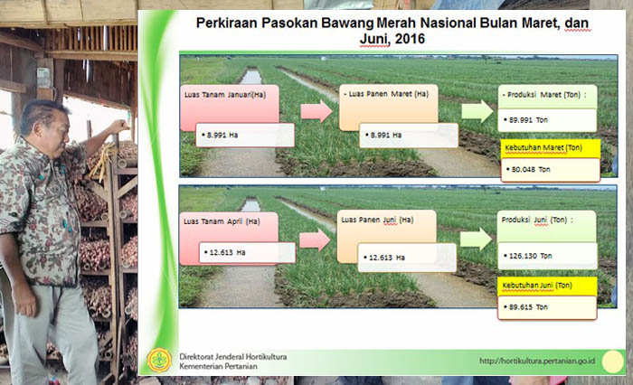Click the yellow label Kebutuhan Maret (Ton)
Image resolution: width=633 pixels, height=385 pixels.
click(x=543, y=147)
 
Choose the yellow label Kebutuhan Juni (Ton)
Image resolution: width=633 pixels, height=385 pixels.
click(x=537, y=286)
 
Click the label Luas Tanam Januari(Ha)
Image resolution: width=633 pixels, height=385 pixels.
click(x=225, y=95)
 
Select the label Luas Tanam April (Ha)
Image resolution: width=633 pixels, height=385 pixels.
click(x=222, y=221)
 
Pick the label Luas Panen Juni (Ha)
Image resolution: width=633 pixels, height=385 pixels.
click(x=377, y=220)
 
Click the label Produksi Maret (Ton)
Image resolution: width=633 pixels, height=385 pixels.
click(x=543, y=95)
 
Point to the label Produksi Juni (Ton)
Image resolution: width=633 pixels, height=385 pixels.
click(x=537, y=220)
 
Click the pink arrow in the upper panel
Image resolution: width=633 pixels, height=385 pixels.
click(x=316, y=111)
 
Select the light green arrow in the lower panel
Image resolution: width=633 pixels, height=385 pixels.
click(x=476, y=239)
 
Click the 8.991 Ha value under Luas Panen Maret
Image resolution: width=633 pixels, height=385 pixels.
click(x=386, y=136)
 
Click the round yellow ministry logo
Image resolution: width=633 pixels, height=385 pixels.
click(x=159, y=360)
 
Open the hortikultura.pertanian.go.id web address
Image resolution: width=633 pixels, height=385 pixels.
click(x=537, y=361)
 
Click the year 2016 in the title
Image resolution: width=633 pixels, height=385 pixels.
click(x=410, y=39)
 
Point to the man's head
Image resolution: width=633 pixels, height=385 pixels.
click(x=45, y=122)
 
